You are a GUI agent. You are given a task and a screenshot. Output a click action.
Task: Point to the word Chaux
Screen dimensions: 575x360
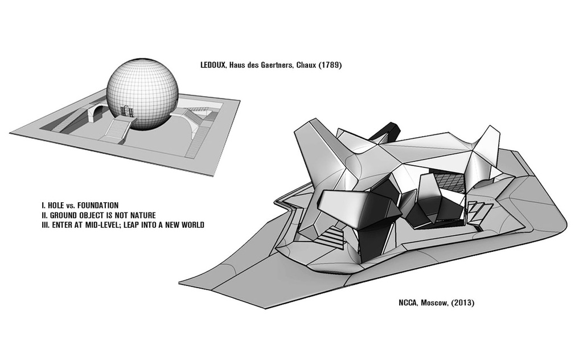pyautogui.click(x=303, y=66)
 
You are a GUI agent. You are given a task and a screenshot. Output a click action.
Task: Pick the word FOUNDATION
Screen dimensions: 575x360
pyautogui.click(x=98, y=206)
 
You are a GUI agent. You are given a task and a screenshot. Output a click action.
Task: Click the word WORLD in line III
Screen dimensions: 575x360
pyautogui.click(x=193, y=225)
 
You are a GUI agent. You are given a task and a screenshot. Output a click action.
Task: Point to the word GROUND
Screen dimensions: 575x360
pyautogui.click(x=63, y=215)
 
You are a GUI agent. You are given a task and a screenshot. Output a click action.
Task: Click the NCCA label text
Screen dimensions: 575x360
pyautogui.click(x=408, y=303)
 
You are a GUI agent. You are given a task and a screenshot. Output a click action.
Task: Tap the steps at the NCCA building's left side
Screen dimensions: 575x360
pyautogui.click(x=331, y=237)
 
